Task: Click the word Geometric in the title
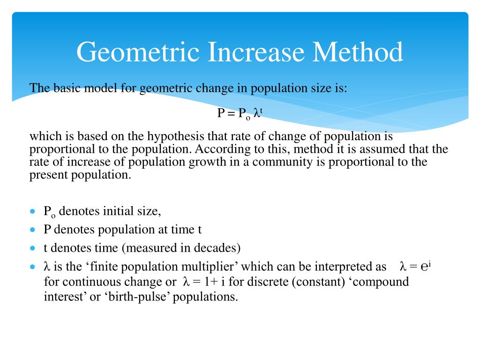click(136, 52)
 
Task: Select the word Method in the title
click(358, 52)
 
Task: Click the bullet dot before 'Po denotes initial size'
click(32, 211)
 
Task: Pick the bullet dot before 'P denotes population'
click(32, 230)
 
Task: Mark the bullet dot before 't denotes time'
click(32, 248)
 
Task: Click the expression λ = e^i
click(415, 266)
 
